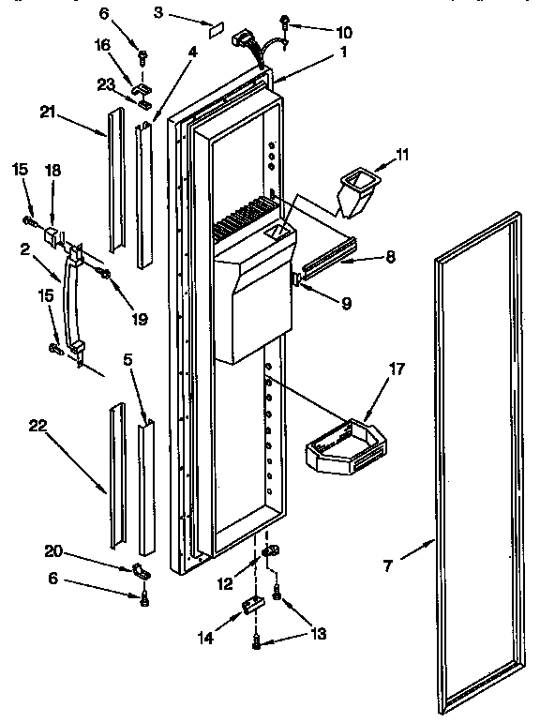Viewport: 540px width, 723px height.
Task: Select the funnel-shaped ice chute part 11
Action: pyautogui.click(x=356, y=188)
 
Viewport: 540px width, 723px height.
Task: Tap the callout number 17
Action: pyautogui.click(x=397, y=369)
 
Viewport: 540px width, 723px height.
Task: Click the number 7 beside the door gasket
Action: pyautogui.click(x=388, y=566)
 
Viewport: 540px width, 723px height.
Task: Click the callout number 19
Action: pyautogui.click(x=140, y=318)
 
